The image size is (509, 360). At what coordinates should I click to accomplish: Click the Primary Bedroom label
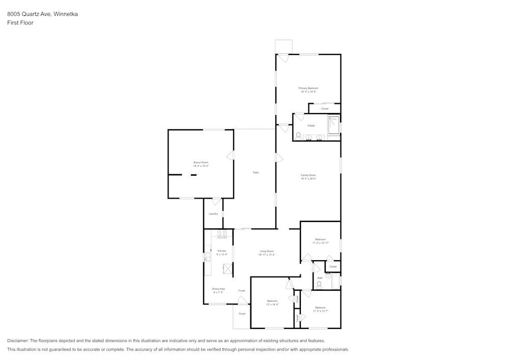click(x=308, y=88)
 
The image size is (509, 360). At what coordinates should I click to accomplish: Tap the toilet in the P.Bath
click(x=298, y=135)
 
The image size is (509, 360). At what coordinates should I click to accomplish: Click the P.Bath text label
click(x=311, y=125)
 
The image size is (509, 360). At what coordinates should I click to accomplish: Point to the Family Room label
click(x=308, y=175)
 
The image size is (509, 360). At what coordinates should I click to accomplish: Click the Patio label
click(x=256, y=173)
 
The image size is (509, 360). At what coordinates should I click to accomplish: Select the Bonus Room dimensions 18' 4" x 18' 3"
click(x=201, y=166)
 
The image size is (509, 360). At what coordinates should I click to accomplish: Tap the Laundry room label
click(x=213, y=214)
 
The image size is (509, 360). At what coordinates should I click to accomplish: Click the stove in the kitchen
click(x=222, y=234)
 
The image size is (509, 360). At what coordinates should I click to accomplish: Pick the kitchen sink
click(x=207, y=258)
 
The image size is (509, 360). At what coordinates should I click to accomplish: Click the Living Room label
click(x=267, y=251)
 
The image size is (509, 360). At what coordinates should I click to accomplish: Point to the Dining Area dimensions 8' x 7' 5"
click(x=218, y=292)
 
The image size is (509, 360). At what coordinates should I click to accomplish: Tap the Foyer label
click(x=242, y=291)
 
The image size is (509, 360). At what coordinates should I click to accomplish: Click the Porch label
click(x=242, y=314)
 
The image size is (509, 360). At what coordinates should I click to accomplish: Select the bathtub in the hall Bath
click(x=336, y=281)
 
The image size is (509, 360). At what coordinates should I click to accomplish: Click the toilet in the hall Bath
click(x=319, y=285)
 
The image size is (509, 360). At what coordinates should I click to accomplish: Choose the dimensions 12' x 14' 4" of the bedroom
click(x=272, y=304)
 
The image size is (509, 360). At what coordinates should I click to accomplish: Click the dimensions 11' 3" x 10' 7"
click(x=320, y=311)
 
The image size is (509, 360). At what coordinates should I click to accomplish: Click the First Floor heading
click(x=20, y=23)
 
